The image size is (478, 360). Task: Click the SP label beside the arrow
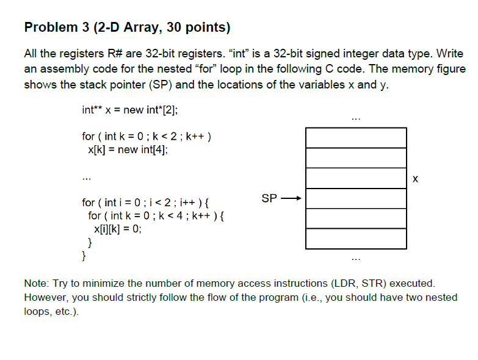269,198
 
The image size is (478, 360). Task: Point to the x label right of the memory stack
416,179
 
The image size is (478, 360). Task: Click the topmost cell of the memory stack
356,138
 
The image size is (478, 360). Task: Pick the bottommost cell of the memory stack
356,239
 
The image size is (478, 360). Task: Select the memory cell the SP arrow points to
356,198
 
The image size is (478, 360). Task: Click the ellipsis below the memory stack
356,258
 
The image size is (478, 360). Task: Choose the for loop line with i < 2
146,202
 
